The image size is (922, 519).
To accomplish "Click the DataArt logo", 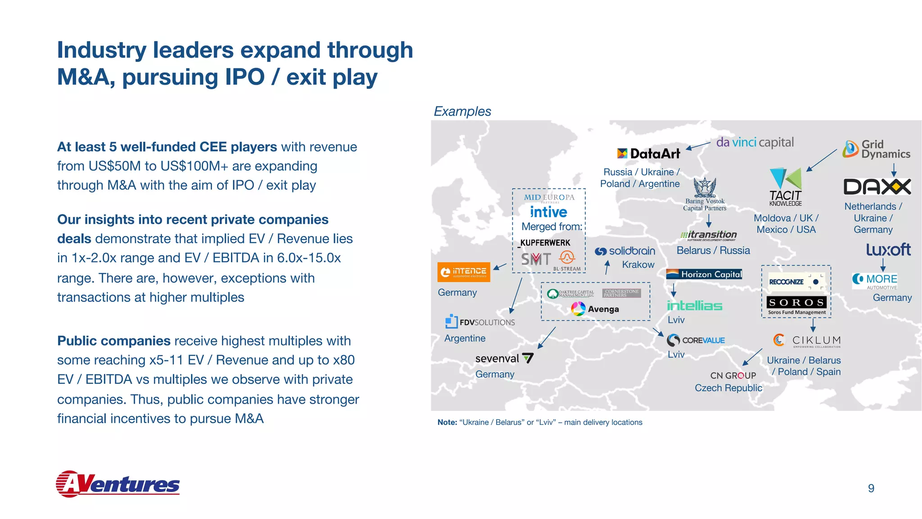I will click(648, 154).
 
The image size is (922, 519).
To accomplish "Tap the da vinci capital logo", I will click(755, 142).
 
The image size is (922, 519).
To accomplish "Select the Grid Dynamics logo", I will click(877, 149).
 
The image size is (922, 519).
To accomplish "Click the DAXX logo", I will click(877, 187).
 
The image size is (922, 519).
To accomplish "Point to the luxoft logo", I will click(888, 249).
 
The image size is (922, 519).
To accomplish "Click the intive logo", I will click(548, 212).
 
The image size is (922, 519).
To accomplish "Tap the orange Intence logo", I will click(464, 272).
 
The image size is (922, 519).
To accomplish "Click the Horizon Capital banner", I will click(704, 274).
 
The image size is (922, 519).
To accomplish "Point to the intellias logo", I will click(694, 305).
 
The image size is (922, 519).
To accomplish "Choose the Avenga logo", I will click(595, 309).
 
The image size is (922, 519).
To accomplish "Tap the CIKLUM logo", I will click(807, 340).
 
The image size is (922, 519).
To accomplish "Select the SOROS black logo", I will click(796, 302).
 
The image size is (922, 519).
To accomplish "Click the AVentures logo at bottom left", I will click(118, 484).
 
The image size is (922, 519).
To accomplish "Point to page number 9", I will click(871, 488).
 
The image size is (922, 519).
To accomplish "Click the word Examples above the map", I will click(462, 111).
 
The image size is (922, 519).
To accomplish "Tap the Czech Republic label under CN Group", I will click(728, 388).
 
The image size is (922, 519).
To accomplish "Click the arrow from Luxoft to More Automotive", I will click(883, 264).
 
